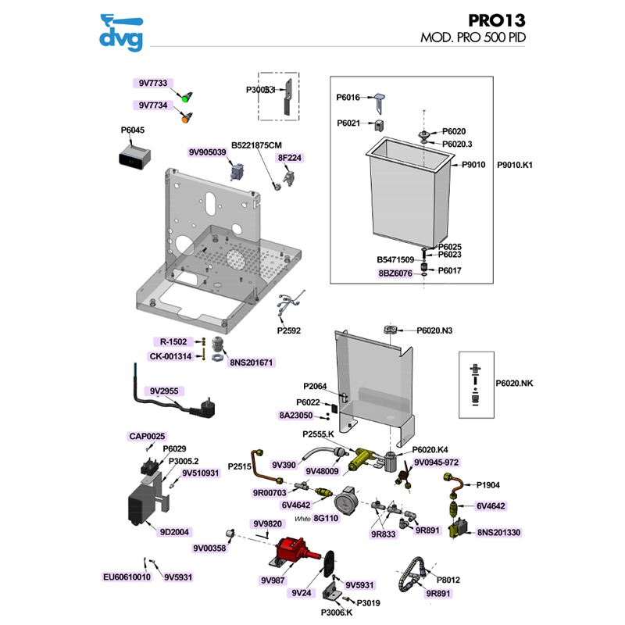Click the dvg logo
pyautogui.click(x=122, y=32)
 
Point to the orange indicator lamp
pyautogui.click(x=186, y=119)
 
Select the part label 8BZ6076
pyautogui.click(x=395, y=273)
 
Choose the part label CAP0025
pyautogui.click(x=147, y=436)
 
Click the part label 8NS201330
pyautogui.click(x=498, y=532)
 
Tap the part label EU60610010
pyautogui.click(x=127, y=577)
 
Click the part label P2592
pyautogui.click(x=288, y=330)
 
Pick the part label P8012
pyautogui.click(x=448, y=580)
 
